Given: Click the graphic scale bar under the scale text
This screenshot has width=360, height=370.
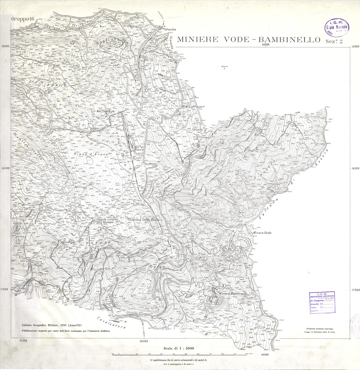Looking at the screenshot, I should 180,354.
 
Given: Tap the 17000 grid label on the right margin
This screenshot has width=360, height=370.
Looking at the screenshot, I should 355,289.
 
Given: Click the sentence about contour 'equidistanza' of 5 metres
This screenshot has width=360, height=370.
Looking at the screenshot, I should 180,360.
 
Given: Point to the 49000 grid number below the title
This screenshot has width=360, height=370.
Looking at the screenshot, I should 265,45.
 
